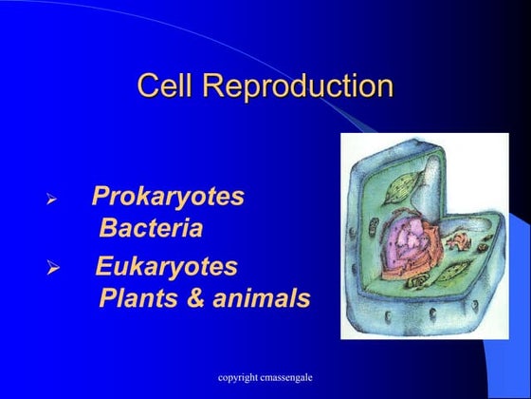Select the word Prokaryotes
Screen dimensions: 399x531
[168, 198]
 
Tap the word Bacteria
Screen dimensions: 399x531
[151, 229]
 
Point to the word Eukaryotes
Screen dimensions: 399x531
[167, 266]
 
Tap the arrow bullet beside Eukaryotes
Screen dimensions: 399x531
[53, 269]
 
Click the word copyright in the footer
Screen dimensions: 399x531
[239, 378]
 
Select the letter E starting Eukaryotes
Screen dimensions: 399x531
[104, 266]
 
